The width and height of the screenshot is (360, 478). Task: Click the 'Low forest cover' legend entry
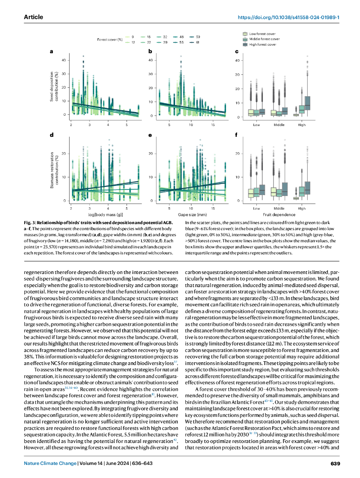point(262,34)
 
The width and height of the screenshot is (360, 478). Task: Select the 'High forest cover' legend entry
point(263,44)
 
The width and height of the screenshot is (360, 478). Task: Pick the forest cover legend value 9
point(133,36)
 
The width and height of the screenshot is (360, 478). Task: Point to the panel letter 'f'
point(237,135)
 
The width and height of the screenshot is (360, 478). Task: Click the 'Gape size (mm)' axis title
point(192,214)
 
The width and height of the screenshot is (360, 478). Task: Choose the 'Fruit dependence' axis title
point(279,214)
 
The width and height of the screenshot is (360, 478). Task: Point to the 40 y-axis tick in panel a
point(63,60)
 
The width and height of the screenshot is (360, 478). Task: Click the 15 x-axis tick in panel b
point(213,125)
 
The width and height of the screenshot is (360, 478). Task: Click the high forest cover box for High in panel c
point(308,103)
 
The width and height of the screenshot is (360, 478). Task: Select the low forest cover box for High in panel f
point(296,198)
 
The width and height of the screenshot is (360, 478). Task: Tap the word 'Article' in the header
point(33,17)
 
